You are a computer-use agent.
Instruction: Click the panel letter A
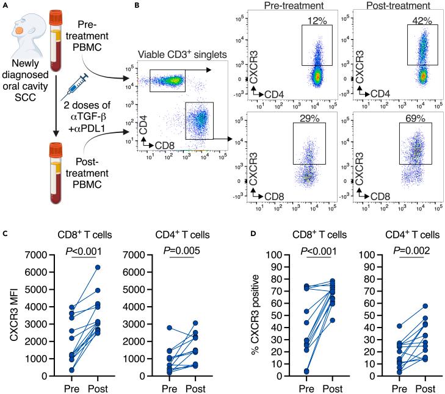pos(5,5)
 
